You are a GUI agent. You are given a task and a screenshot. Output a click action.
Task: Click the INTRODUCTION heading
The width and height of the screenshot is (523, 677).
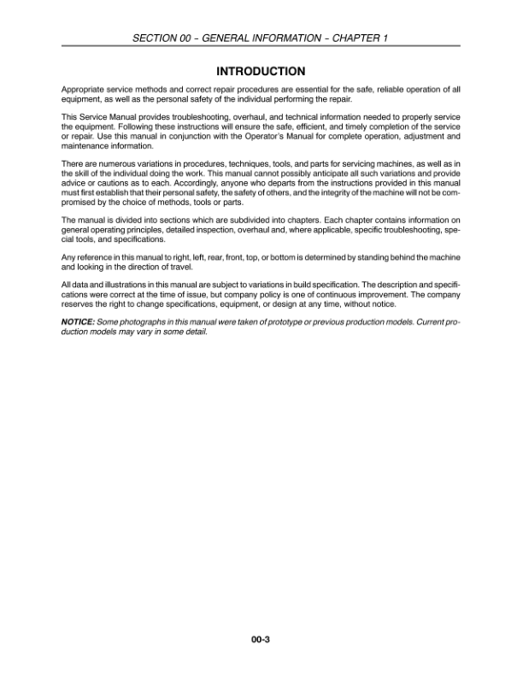click(x=261, y=71)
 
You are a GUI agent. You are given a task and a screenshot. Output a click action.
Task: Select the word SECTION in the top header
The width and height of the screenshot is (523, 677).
click(x=153, y=38)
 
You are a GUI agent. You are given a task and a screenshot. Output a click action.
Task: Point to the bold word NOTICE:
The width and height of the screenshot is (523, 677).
click(x=78, y=320)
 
